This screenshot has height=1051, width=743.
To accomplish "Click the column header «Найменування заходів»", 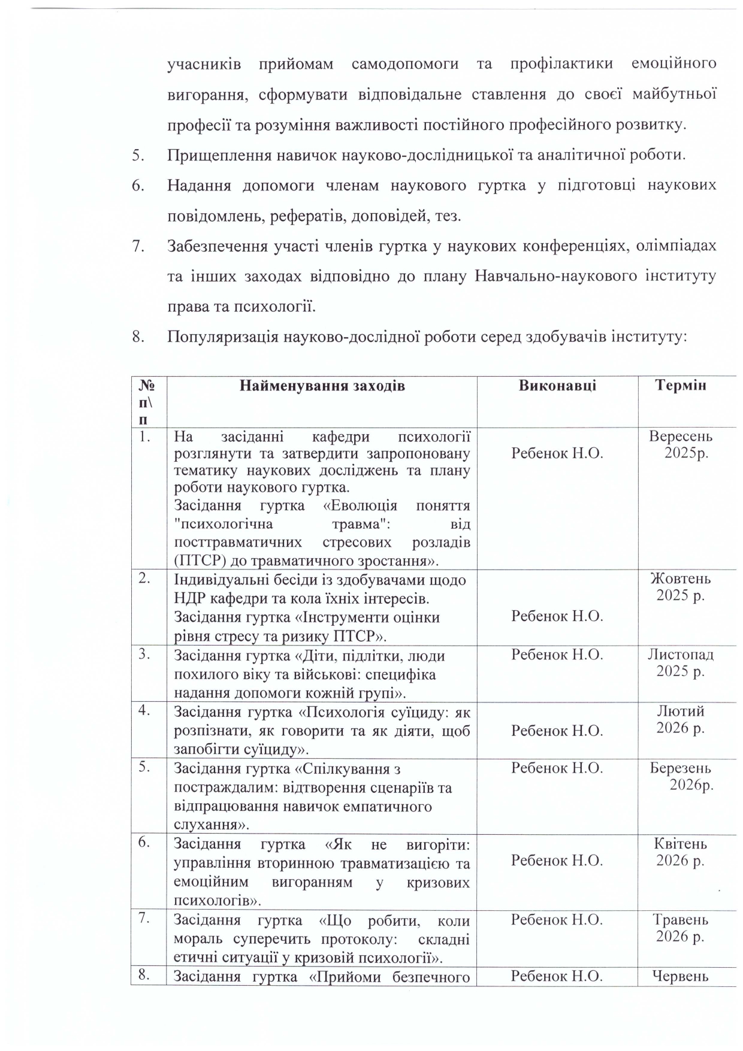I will [x=322, y=386].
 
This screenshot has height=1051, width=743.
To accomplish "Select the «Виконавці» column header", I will [x=557, y=386].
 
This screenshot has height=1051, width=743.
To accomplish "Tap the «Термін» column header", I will [x=680, y=386].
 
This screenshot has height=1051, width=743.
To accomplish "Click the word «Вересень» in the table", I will [x=681, y=437].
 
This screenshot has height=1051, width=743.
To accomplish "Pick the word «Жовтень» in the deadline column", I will [x=681, y=579].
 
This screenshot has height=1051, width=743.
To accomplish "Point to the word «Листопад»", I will [x=681, y=655].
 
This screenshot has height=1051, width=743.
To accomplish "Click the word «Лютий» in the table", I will [x=681, y=711].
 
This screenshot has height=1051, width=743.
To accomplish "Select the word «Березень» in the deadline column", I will [x=681, y=768].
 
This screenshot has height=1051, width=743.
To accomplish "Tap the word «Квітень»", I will [x=681, y=844].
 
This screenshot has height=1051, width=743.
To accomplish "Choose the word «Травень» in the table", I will [x=681, y=920].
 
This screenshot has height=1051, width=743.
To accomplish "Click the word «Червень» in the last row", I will [x=681, y=977].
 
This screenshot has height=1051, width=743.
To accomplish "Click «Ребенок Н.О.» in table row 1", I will [x=557, y=454].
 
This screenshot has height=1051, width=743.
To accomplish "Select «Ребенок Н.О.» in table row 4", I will [x=557, y=731].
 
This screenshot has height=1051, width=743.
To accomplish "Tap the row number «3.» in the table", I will [x=144, y=655].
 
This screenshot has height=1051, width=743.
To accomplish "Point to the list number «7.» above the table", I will [x=138, y=246].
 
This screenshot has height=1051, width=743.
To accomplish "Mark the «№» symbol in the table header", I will [x=145, y=385].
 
